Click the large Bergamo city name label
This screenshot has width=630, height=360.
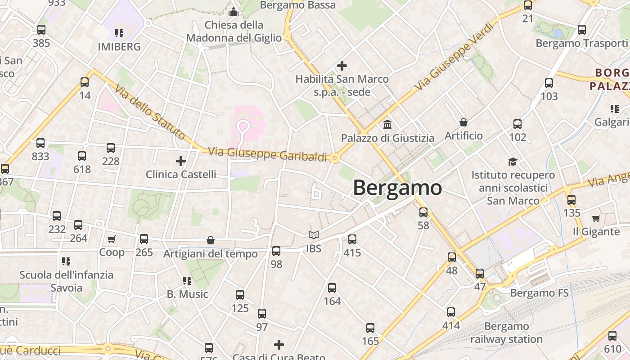point(397,187)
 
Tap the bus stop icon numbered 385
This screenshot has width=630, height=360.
point(41,30)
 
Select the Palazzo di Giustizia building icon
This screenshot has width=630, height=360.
point(387,124)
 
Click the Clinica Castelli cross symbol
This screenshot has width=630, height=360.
point(180,161)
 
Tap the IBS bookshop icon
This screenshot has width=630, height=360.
point(313,235)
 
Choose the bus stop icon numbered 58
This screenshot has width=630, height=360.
point(423,212)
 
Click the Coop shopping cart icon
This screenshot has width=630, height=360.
point(111,239)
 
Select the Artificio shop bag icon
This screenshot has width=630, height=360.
point(463,122)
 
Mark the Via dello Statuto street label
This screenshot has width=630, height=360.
point(149,112)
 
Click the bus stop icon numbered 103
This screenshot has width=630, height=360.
point(549,83)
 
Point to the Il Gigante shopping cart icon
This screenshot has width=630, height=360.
point(596,218)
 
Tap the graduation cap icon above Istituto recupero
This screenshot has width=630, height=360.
point(513,161)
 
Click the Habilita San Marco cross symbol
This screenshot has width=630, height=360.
point(342,66)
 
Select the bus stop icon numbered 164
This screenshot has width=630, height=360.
point(332,288)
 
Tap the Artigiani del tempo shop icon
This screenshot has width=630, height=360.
point(210,241)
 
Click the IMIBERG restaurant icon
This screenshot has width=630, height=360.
point(119,33)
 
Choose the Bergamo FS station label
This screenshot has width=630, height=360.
point(539,293)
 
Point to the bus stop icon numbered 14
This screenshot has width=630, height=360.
point(85,82)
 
